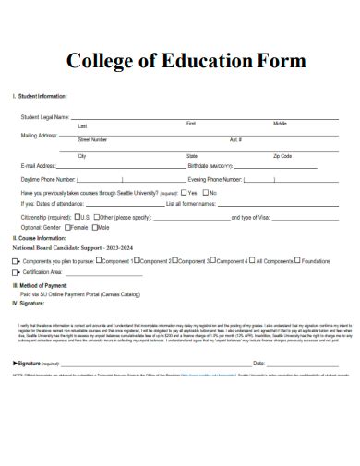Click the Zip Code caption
coord(282,157)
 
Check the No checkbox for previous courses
coord(205,192)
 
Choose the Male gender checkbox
coord(92,227)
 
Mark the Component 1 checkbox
coord(108,261)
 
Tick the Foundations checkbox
coord(297,261)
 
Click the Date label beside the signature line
coord(259,364)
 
